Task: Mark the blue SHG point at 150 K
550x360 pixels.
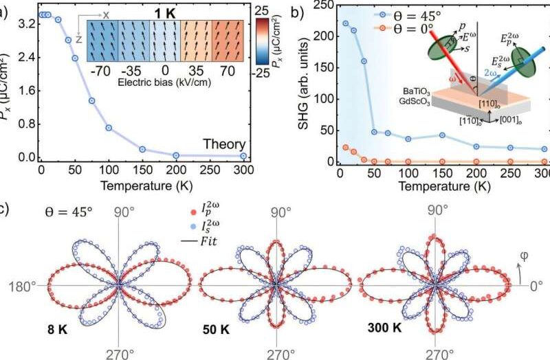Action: point(442,135)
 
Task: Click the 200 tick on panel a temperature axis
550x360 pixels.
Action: point(177,171)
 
